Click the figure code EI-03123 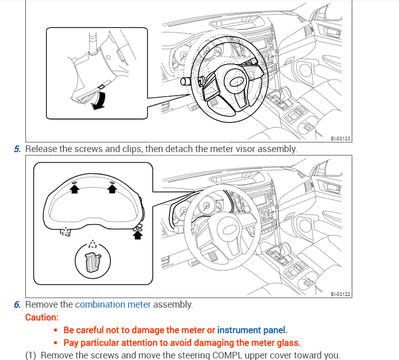[x=340, y=138]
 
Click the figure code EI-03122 [x=340, y=294]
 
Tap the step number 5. [x=17, y=149]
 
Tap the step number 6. [x=17, y=305]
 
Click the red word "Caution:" [x=42, y=317]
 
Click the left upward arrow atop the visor [x=74, y=189]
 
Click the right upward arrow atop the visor [x=112, y=189]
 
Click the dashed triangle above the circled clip [x=91, y=243]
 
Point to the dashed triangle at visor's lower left [x=65, y=231]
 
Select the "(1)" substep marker [x=31, y=355]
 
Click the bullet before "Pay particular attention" [x=55, y=343]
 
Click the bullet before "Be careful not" [x=55, y=331]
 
